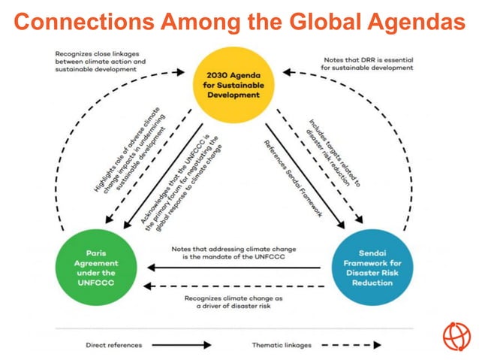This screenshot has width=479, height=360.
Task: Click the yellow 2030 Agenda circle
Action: tap(237, 85)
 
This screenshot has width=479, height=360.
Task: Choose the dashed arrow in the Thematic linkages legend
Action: tap(353, 345)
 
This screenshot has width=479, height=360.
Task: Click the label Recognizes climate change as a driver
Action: tap(233, 302)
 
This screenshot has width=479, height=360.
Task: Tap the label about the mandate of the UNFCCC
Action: tap(233, 253)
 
